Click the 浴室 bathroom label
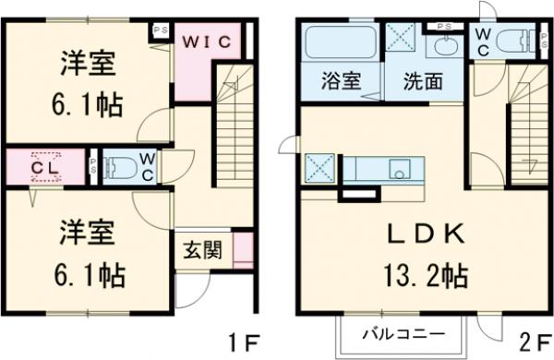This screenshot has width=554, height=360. point(339,81)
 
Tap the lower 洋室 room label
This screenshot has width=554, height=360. point(90,232)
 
